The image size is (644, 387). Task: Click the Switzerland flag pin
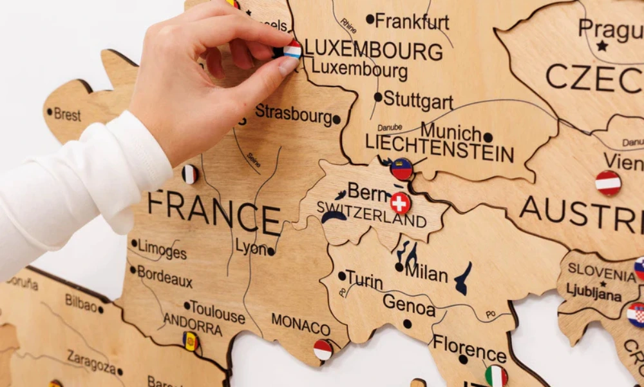click(400, 203)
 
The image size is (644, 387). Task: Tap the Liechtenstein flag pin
click(401, 169)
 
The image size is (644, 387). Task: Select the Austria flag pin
click(608, 183)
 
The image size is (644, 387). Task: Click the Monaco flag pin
click(323, 350)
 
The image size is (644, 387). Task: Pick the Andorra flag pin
click(190, 341)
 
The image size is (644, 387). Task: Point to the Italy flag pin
click(496, 376)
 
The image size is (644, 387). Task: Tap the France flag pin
click(189, 174)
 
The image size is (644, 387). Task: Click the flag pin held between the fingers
click(292, 49)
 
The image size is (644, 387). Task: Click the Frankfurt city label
click(412, 21)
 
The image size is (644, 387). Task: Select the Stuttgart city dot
click(378, 97)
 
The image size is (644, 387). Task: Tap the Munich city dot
click(488, 137)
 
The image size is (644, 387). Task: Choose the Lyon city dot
click(271, 252)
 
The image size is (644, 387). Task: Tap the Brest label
click(67, 115)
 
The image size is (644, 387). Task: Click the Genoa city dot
click(407, 323)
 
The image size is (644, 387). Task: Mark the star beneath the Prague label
click(602, 46)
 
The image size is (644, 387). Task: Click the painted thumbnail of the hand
click(289, 65)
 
